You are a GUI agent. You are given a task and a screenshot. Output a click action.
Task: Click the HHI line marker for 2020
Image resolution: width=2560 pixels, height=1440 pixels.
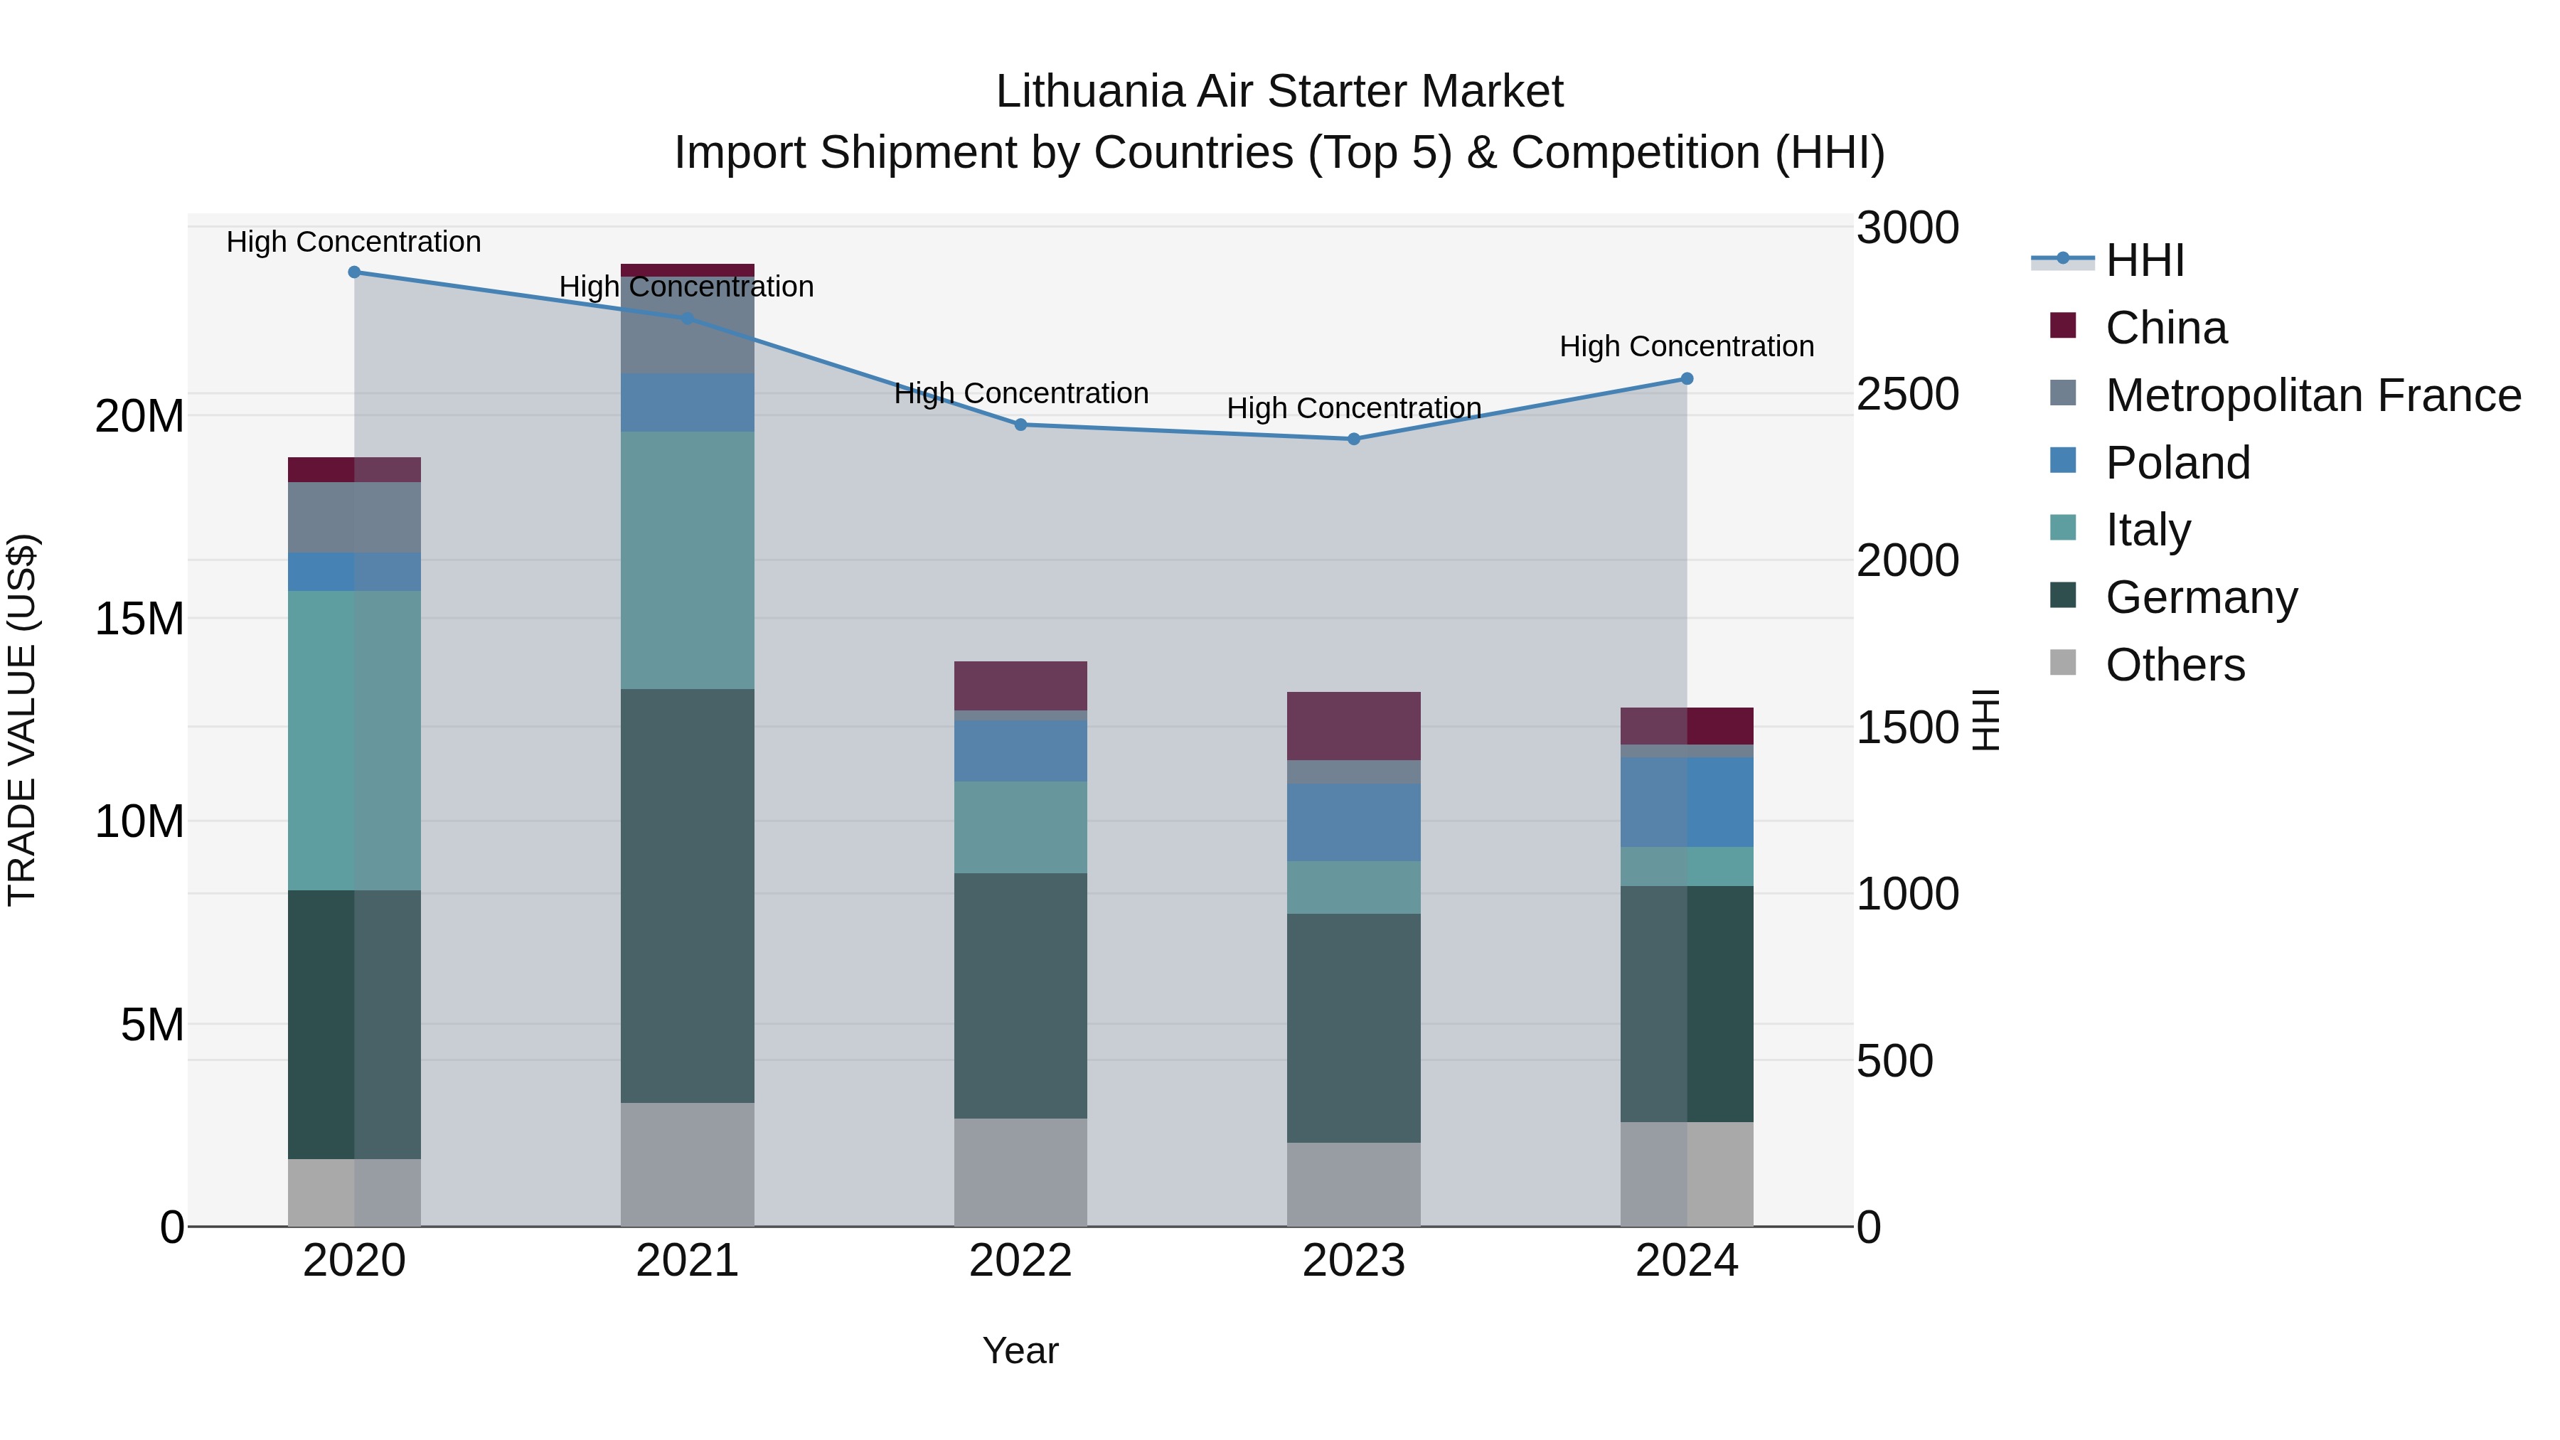[x=354, y=272]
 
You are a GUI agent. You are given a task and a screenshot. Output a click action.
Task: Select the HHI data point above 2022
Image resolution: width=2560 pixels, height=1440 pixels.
[x=1020, y=425]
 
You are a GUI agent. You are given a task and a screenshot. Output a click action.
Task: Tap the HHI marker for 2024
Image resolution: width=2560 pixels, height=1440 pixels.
[x=1687, y=378]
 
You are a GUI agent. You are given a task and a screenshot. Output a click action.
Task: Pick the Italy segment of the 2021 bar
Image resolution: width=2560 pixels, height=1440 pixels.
[x=687, y=560]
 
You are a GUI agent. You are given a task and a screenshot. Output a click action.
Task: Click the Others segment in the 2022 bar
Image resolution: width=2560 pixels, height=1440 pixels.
[x=1020, y=1172]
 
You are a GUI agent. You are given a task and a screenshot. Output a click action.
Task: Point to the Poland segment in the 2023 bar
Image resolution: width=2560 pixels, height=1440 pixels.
[x=1353, y=822]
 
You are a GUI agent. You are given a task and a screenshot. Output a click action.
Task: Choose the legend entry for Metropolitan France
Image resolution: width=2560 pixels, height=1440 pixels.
[x=2313, y=395]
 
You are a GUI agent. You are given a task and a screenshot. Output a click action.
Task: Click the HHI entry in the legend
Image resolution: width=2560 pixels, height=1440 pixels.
[x=2145, y=260]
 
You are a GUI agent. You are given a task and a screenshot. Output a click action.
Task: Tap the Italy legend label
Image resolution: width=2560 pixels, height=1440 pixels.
[x=2148, y=530]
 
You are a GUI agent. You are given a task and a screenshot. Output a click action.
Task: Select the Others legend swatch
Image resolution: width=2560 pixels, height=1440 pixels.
[x=2063, y=663]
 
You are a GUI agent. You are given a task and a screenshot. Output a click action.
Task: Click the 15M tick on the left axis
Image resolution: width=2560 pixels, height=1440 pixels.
[x=139, y=619]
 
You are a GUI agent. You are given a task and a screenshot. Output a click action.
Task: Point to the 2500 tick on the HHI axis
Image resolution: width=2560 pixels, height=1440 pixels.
[x=1907, y=395]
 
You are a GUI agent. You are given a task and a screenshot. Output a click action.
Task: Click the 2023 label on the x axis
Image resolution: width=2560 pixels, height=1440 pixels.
[x=1353, y=1261]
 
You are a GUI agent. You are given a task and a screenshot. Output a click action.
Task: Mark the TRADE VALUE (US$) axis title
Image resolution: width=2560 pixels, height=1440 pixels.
[x=22, y=720]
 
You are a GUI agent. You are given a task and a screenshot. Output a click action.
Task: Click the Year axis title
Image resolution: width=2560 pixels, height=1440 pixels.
[x=1020, y=1350]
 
